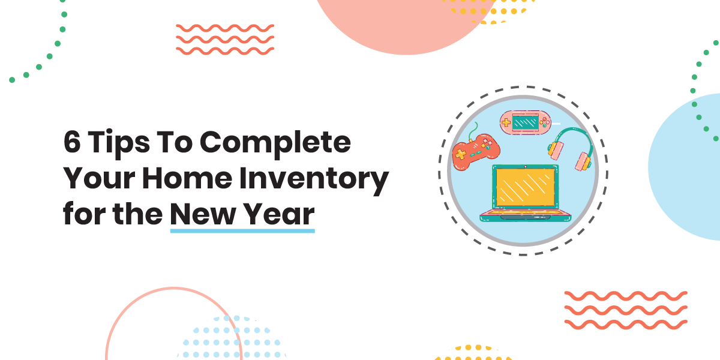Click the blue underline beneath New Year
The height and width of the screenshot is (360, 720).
242,230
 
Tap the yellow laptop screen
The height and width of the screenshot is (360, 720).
524,187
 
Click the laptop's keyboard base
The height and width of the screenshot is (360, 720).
524,215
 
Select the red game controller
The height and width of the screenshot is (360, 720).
474,151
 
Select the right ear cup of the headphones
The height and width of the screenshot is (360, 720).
582,161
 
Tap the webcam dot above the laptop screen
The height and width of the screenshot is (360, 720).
524,166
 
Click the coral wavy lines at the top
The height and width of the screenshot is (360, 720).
225,39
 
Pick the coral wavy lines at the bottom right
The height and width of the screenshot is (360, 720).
626,310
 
